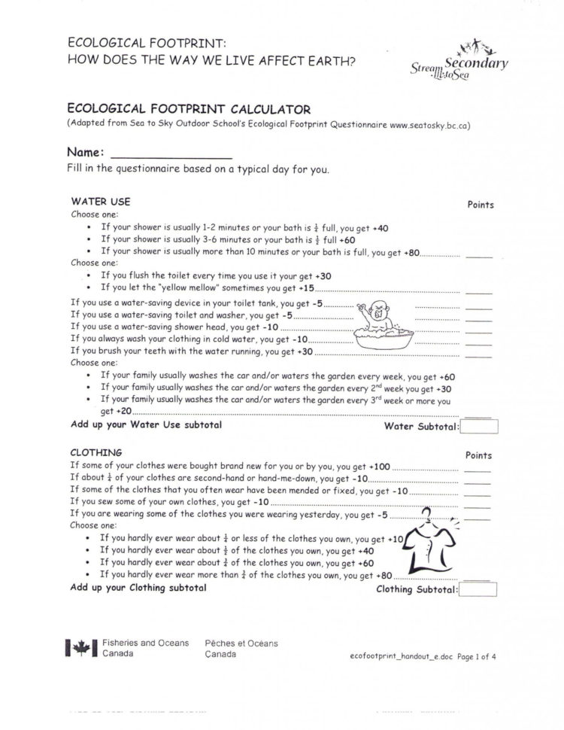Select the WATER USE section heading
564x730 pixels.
(x=100, y=202)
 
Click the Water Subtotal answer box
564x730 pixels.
(x=480, y=427)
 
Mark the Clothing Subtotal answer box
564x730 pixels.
(x=477, y=589)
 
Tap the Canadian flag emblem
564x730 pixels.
(x=80, y=648)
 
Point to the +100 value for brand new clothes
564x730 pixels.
(x=381, y=466)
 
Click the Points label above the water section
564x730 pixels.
(x=480, y=205)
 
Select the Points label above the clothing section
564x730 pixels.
(x=478, y=455)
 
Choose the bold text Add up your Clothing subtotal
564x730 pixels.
(x=138, y=587)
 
